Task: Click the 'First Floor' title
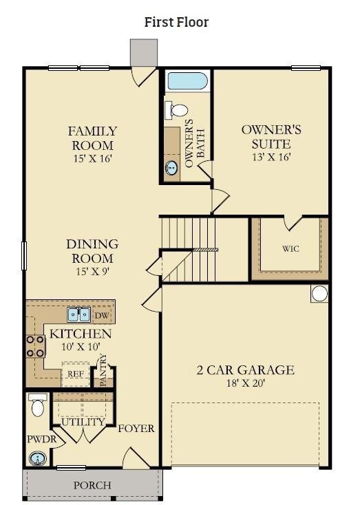click(176, 22)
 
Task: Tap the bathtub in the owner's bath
click(186, 80)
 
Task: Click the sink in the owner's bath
click(171, 167)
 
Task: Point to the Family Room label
click(92, 138)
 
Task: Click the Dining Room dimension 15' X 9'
click(92, 271)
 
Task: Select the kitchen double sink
click(78, 315)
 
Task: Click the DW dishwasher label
click(101, 315)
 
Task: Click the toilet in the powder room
click(38, 406)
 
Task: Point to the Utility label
click(83, 422)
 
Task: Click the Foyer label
click(136, 429)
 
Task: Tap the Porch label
click(92, 485)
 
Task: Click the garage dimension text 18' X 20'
click(246, 383)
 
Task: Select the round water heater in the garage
click(319, 294)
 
